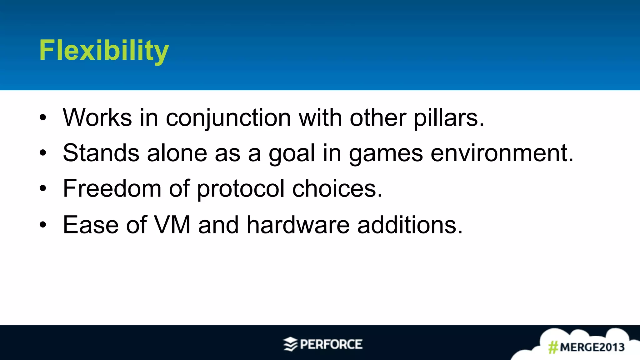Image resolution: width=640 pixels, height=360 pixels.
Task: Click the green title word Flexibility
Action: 104,51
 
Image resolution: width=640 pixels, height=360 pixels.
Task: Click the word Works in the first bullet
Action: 97,118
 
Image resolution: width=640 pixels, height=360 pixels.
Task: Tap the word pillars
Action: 449,118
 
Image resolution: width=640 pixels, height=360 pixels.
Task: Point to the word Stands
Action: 101,153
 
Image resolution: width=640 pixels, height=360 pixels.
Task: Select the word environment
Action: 502,153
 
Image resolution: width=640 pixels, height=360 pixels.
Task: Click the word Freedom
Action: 112,189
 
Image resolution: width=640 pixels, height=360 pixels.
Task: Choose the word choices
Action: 337,189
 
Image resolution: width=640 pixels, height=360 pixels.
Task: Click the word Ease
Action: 91,225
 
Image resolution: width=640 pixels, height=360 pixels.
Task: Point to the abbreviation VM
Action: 172,225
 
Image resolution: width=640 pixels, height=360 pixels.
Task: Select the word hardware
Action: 298,225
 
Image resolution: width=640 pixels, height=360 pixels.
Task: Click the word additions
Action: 409,225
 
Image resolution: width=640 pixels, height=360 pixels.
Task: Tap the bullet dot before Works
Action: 43,118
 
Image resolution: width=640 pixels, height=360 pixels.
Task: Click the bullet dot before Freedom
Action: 43,189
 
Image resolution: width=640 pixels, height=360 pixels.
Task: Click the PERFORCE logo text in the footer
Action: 331,344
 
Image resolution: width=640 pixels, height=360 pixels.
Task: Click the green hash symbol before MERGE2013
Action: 553,347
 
